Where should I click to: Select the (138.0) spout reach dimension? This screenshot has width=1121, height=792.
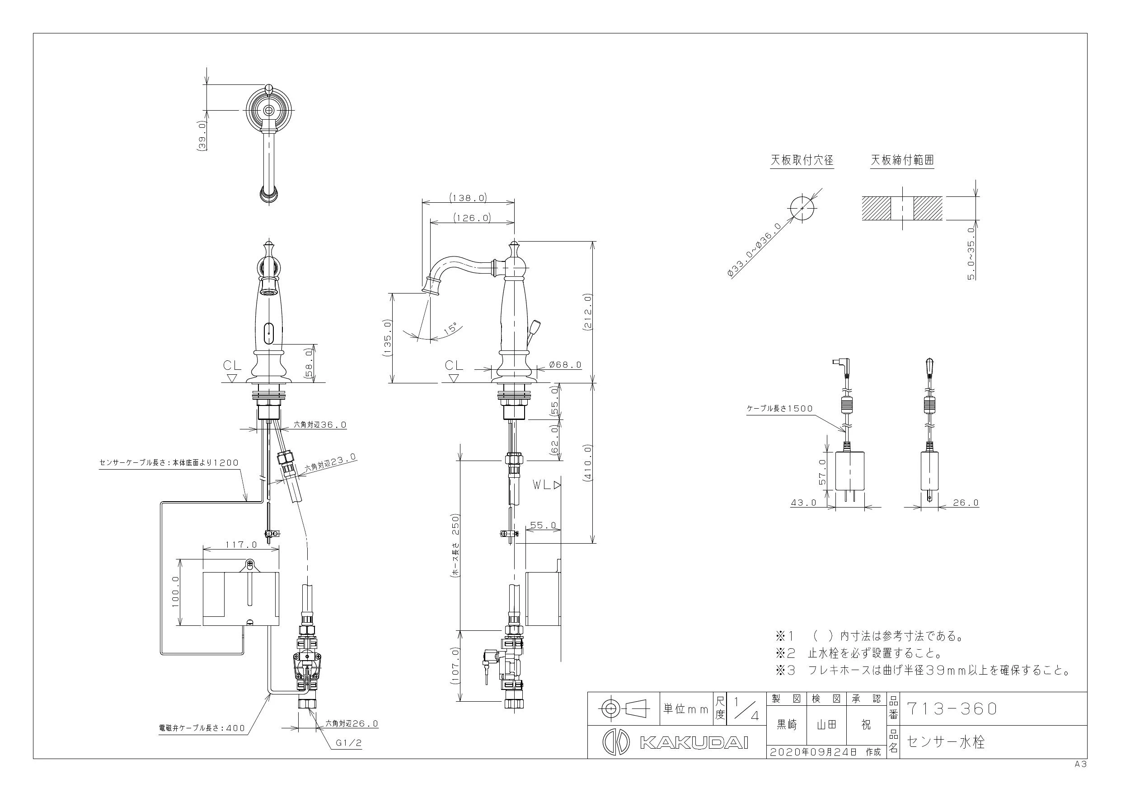[x=468, y=198]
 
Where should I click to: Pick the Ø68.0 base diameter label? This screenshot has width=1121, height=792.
[x=565, y=364]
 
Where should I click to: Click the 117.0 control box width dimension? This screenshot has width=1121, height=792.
[x=241, y=544]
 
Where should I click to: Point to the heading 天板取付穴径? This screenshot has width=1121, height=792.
[x=802, y=160]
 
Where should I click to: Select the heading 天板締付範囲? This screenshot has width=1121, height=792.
[x=902, y=160]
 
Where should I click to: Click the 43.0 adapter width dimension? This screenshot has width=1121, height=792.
[x=804, y=503]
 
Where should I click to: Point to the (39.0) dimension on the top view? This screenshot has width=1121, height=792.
[x=202, y=137]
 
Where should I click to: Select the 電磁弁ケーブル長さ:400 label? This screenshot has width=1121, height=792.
[x=202, y=728]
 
